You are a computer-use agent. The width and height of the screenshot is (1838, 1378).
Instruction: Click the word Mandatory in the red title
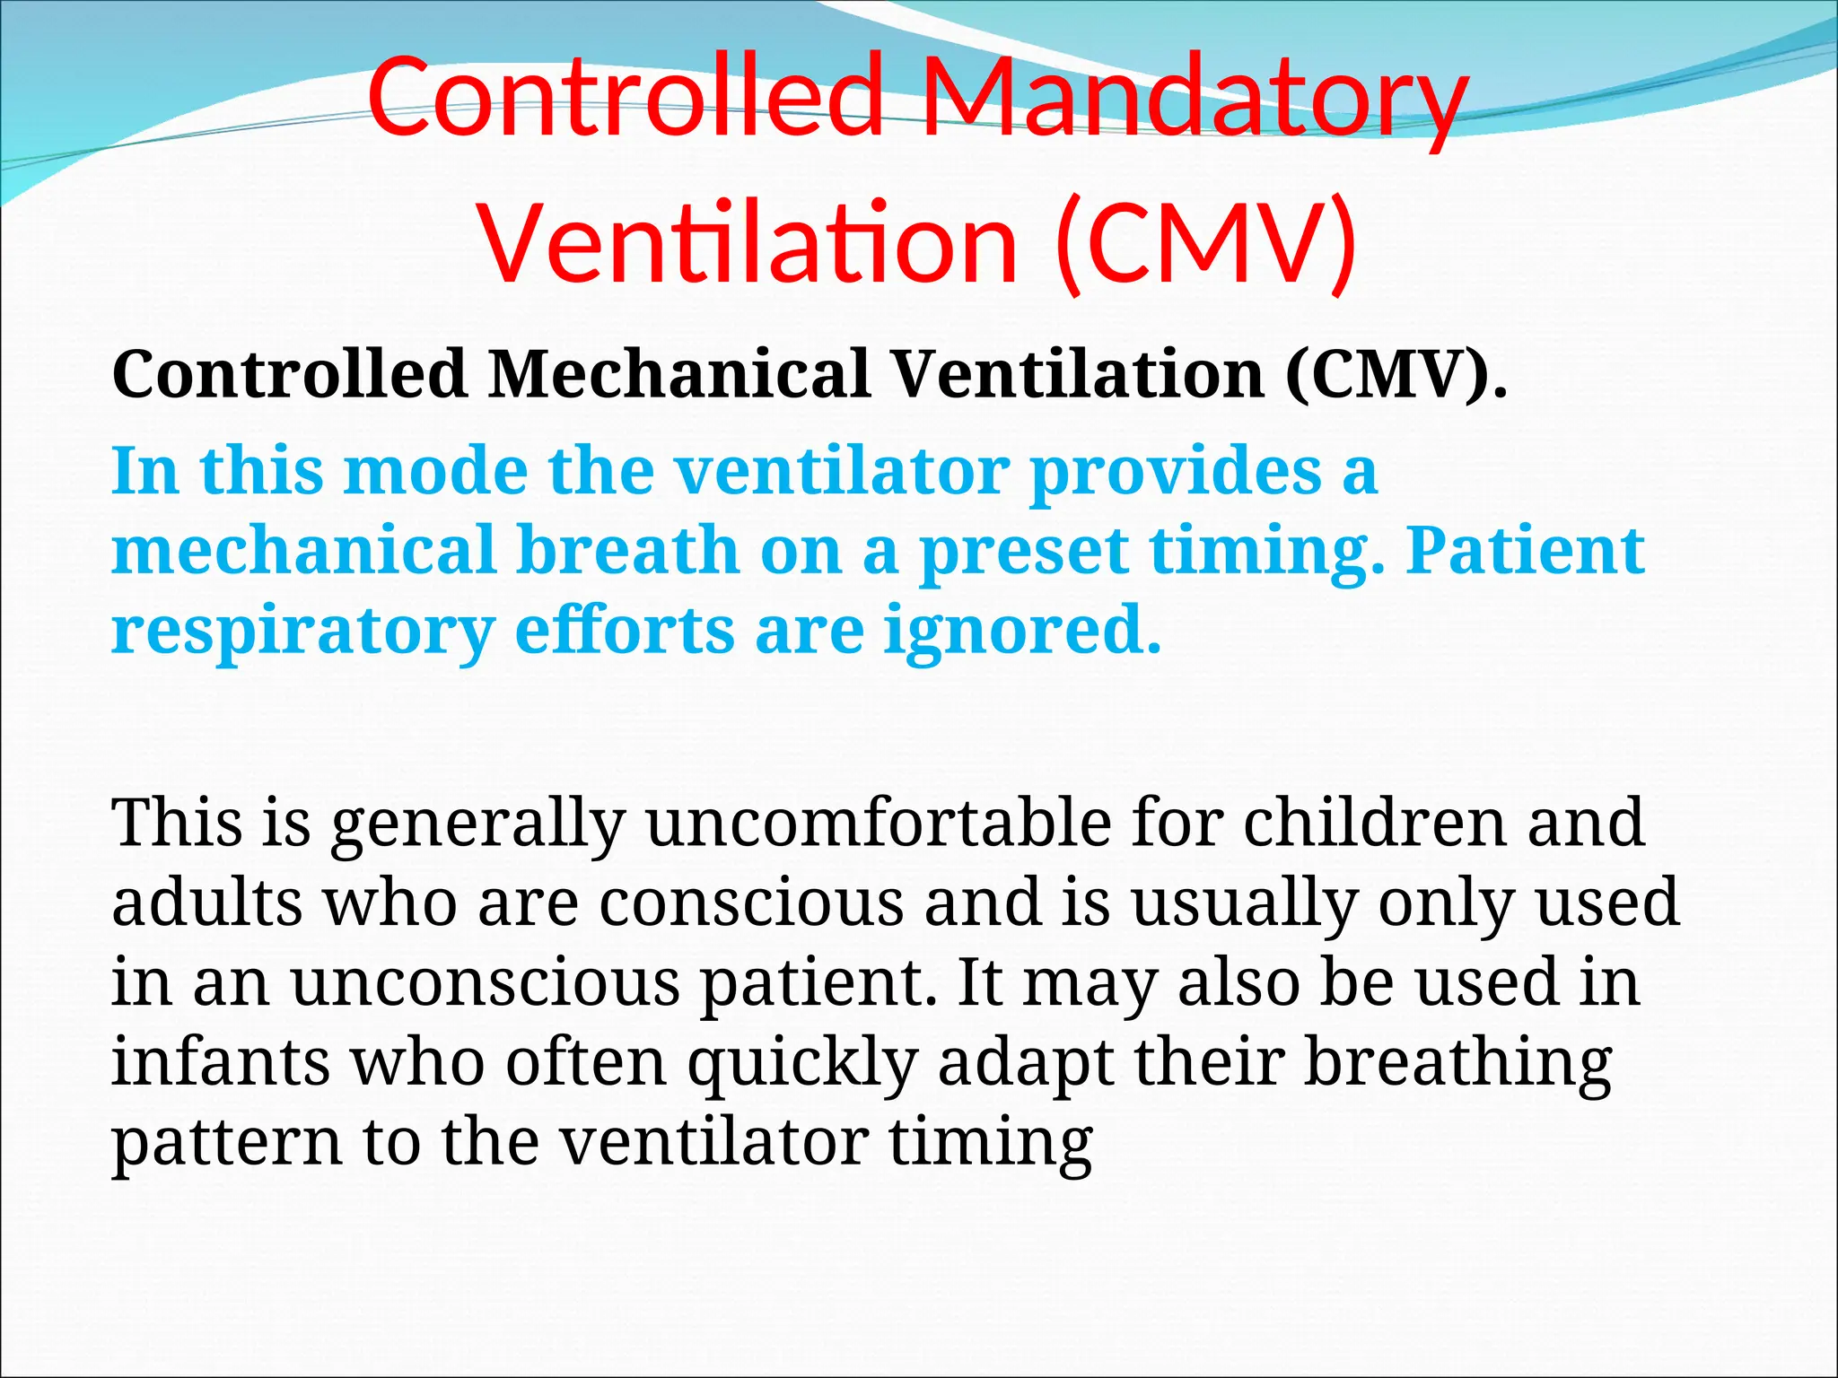click(x=1194, y=97)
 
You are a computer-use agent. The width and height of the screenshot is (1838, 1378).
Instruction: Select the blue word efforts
click(x=625, y=630)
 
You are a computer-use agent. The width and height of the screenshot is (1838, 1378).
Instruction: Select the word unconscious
click(x=485, y=982)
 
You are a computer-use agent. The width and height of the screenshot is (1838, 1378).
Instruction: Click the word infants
click(x=220, y=1061)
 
